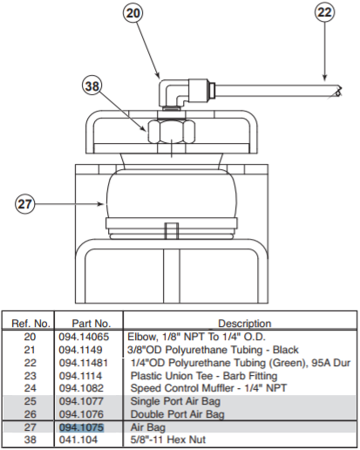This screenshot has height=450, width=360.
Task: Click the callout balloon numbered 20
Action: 132,15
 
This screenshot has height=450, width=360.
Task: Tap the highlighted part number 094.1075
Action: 81,428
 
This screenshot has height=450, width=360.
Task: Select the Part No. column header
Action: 90,323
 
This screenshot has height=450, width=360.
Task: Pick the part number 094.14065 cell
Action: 85,336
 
